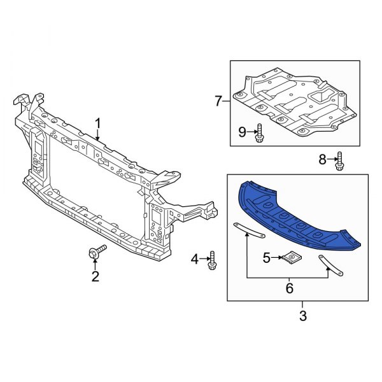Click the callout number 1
coord(98,123)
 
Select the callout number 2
coord(95,276)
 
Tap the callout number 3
coord(302,316)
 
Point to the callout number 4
coord(195,258)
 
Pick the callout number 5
coord(267,257)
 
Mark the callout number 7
coord(218,101)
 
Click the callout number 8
coord(322,159)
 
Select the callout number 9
coord(242,132)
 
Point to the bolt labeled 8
coord(339,160)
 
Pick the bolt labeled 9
coord(260,133)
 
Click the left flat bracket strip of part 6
coord(249,230)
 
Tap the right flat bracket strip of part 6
coord(332,265)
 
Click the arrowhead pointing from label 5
coord(284,258)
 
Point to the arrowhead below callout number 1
coord(98,138)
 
